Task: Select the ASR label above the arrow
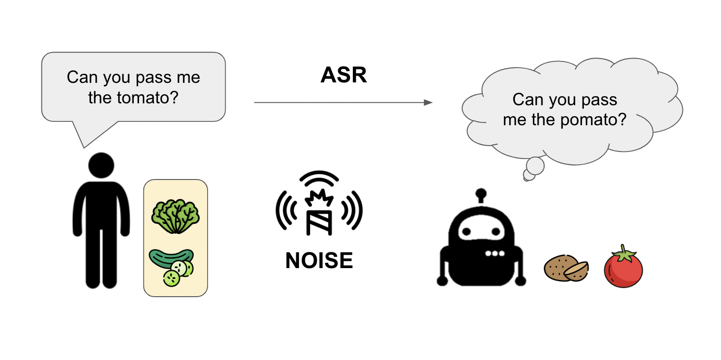pos(343,76)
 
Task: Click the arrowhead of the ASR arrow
pos(429,102)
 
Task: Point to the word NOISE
pos(319,261)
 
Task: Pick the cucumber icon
pos(172,267)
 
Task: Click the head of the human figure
pos(101,166)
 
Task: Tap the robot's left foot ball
pos(441,281)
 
